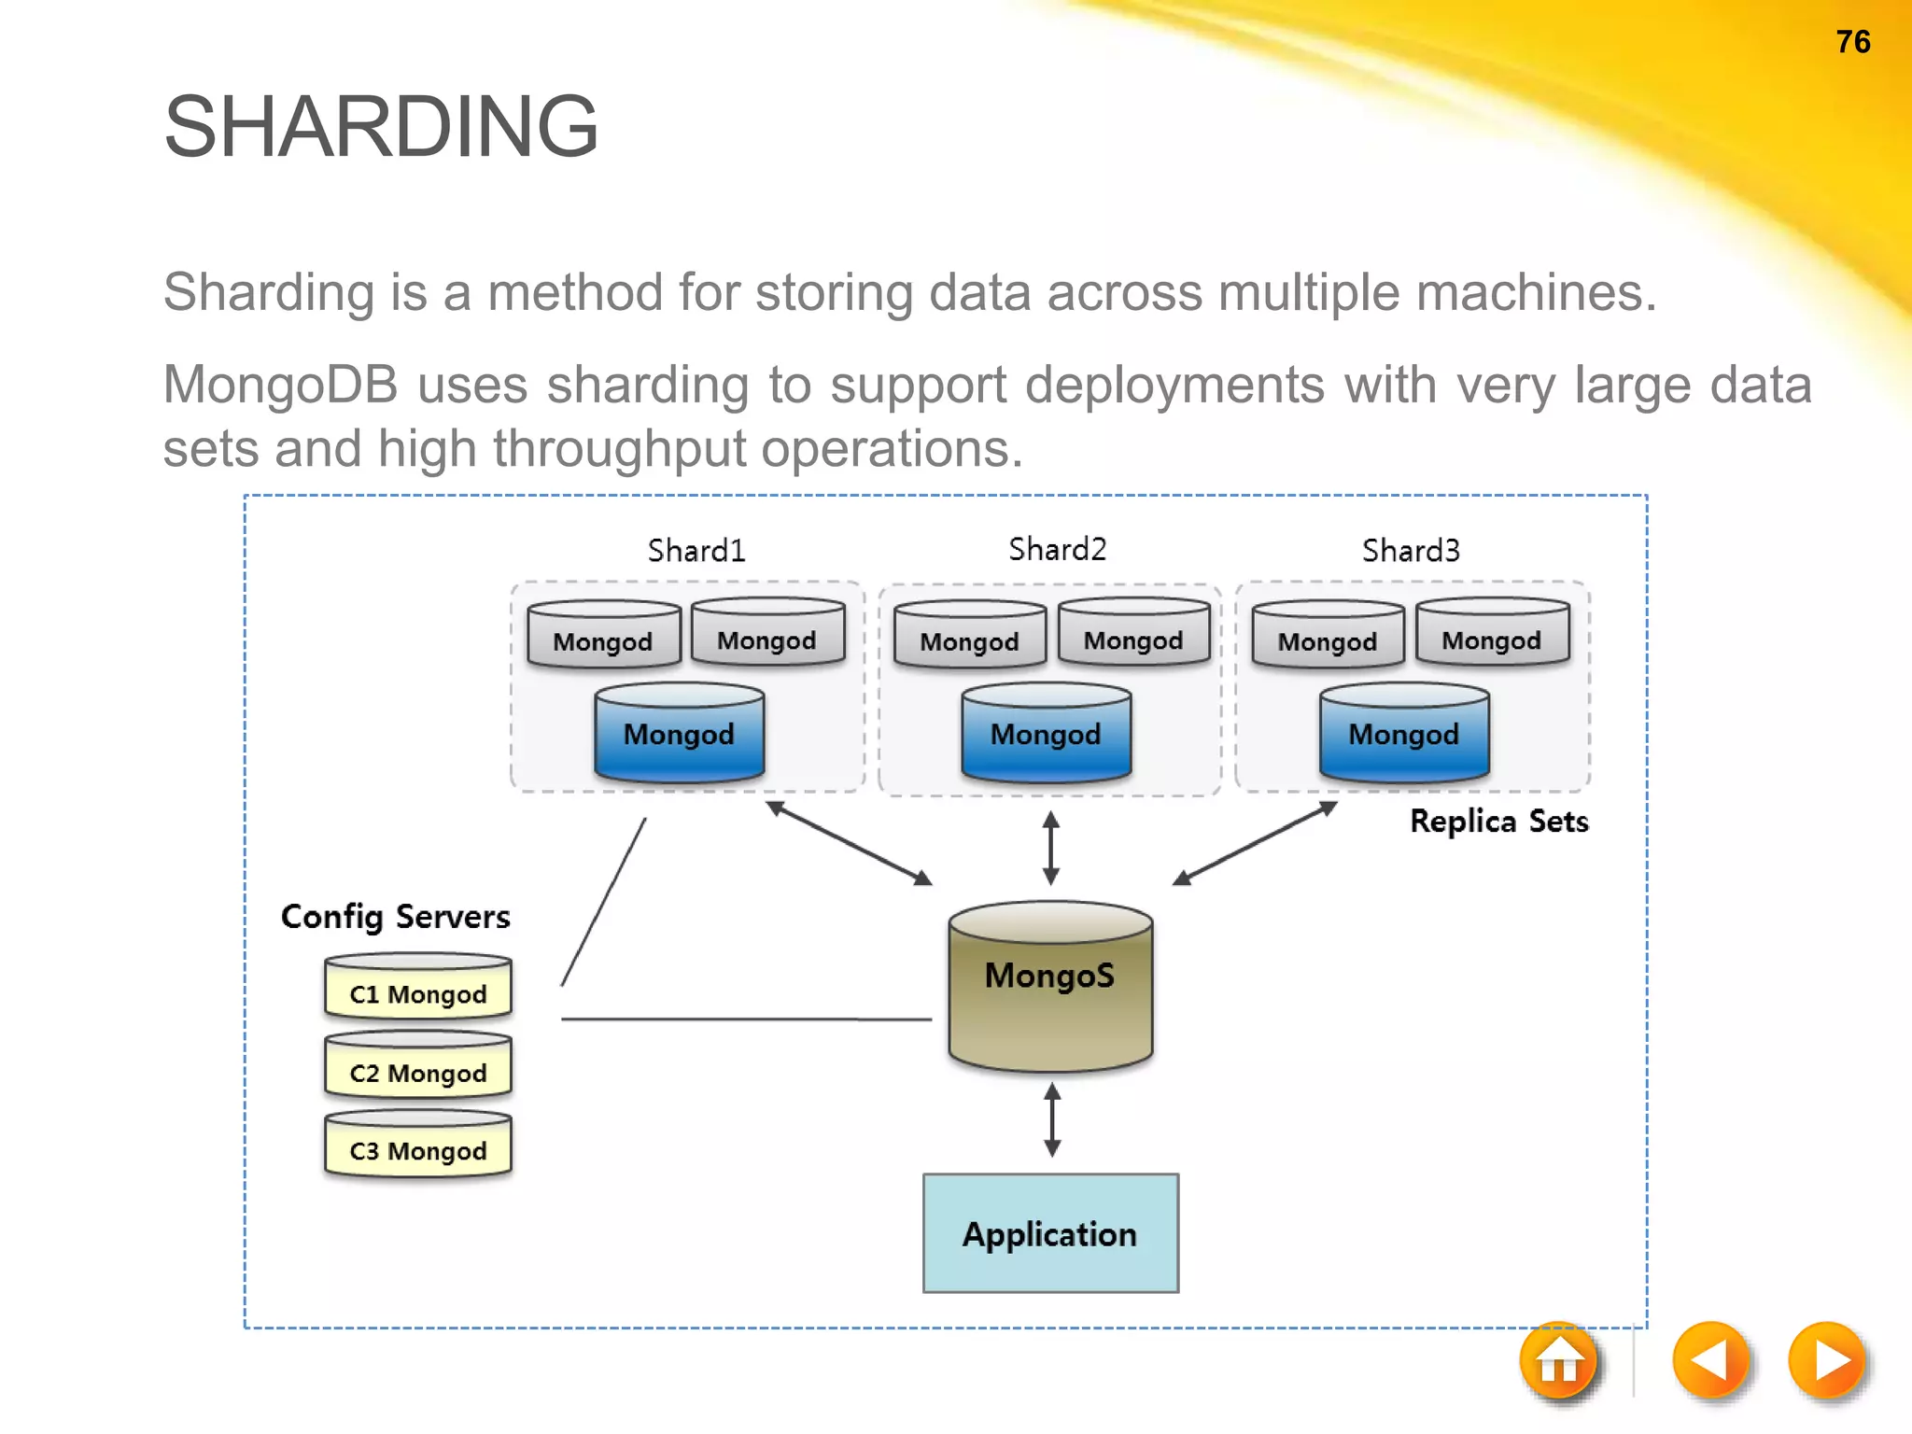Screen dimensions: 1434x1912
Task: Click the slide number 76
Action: [1852, 42]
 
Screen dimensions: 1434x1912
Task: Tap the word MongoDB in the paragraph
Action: [280, 385]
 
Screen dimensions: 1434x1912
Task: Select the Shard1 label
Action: [696, 551]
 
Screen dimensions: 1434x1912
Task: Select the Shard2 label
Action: [1057, 549]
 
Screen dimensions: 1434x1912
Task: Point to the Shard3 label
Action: [1410, 551]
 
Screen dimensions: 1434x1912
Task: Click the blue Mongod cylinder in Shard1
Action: [680, 734]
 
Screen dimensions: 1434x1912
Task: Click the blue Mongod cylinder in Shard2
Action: [1046, 734]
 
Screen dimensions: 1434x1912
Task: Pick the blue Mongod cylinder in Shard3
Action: [1403, 734]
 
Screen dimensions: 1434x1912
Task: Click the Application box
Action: [1050, 1233]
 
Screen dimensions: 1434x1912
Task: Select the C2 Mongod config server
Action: [418, 1071]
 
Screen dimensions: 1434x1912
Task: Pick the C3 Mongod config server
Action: [418, 1149]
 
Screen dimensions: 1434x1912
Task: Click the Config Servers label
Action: [395, 917]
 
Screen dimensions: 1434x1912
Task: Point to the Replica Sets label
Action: [1498, 822]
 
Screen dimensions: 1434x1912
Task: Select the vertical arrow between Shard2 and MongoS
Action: [1050, 848]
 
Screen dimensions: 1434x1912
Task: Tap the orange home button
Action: [1558, 1361]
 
